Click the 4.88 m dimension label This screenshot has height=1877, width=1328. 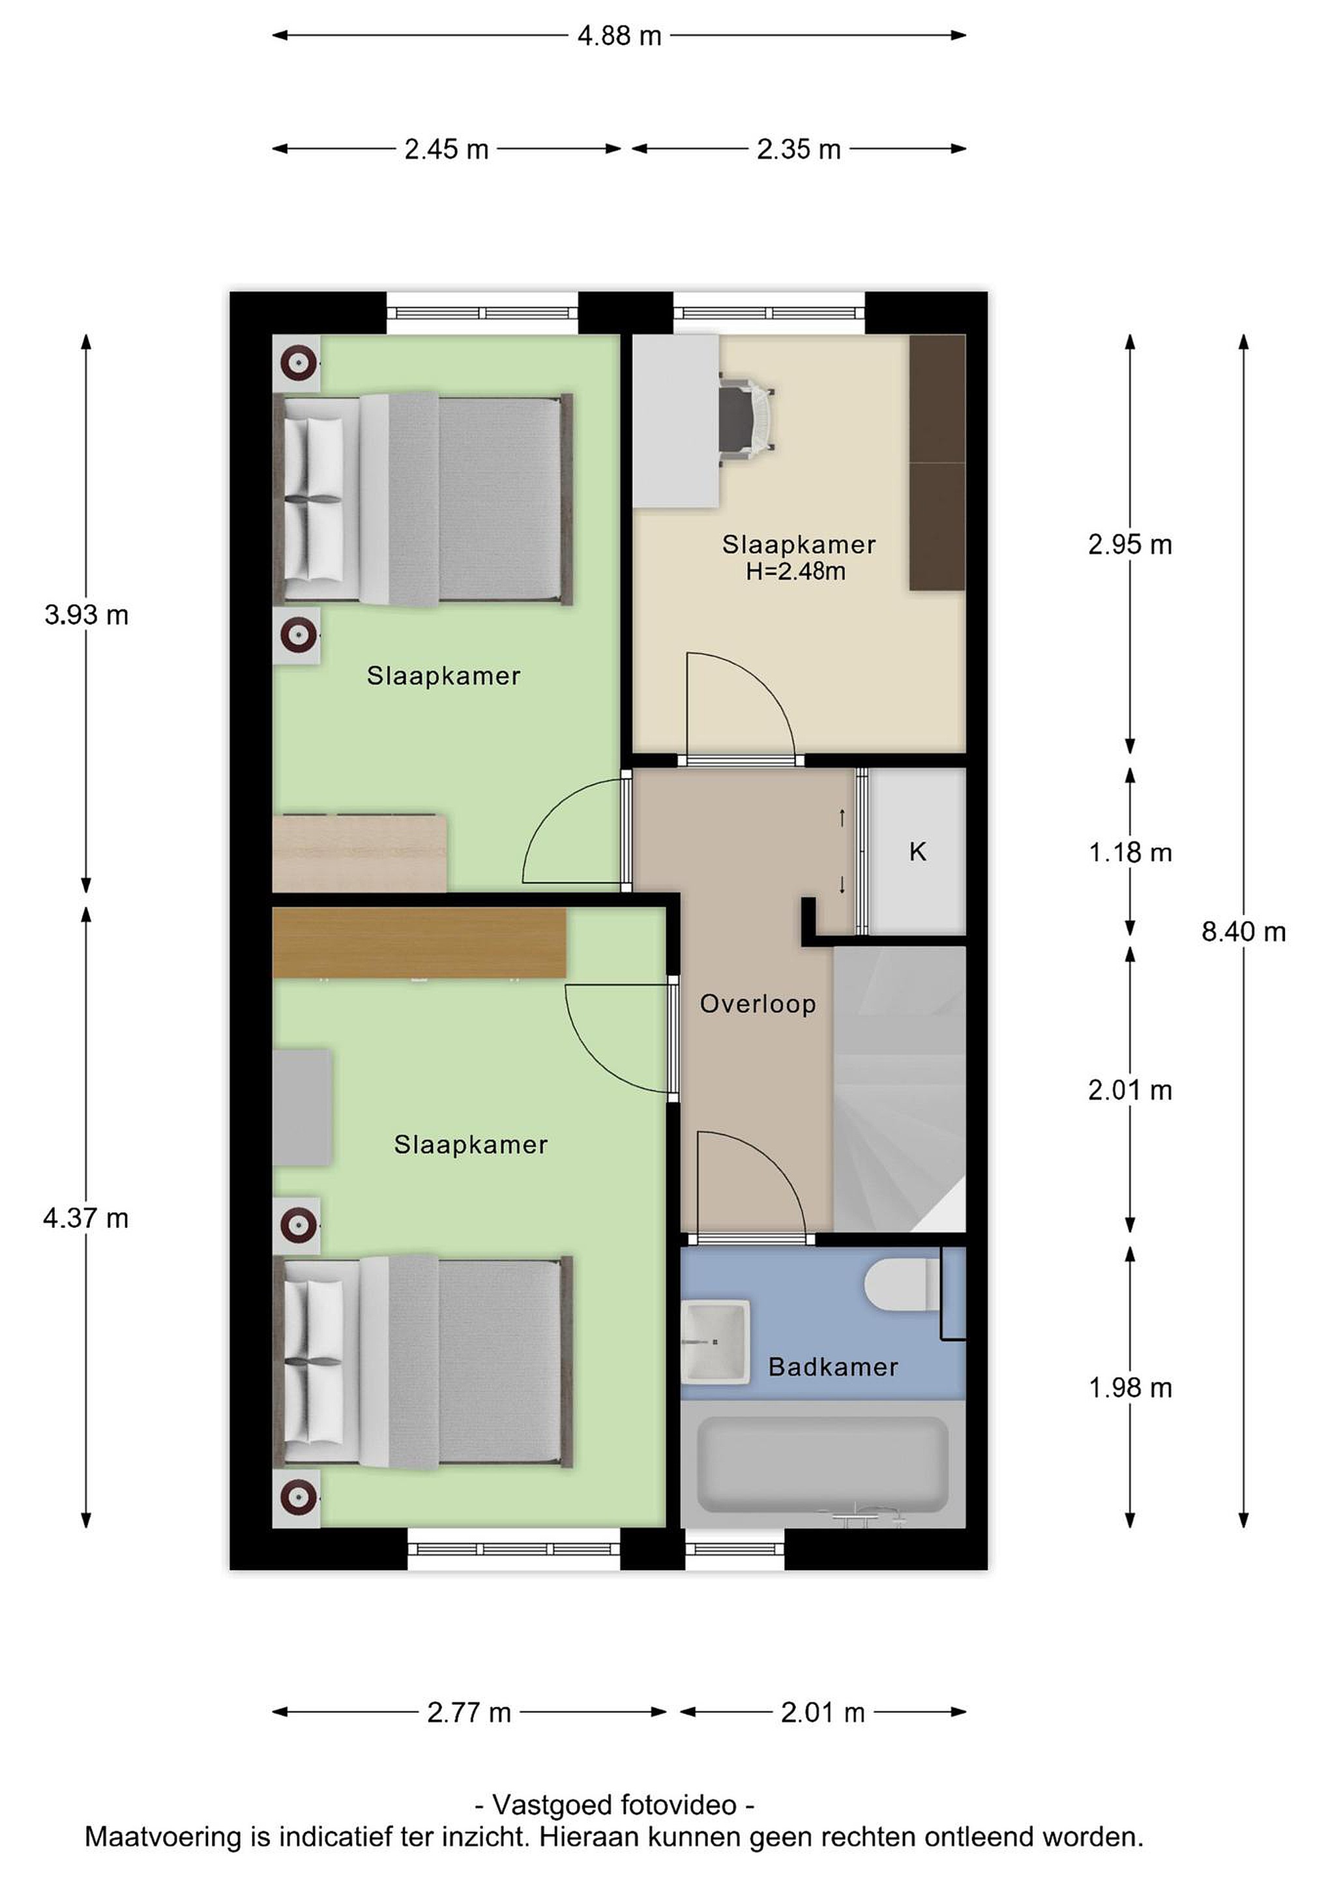coord(619,36)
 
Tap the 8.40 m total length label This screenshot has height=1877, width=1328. coord(1243,931)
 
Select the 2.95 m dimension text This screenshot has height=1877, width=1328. coord(1130,544)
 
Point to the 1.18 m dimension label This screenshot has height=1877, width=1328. coord(1130,852)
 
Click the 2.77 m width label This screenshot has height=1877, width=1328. coord(469,1712)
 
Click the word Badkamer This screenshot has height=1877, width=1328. coord(833,1367)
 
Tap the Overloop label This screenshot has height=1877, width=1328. coord(758,1004)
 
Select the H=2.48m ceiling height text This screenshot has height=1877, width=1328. coord(795,571)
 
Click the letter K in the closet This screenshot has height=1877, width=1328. coord(917,852)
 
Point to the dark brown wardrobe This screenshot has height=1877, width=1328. coord(938,463)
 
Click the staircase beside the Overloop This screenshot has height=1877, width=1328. coord(900,1089)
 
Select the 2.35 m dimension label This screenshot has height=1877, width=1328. coord(799,150)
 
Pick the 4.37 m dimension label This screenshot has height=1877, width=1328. coord(87,1219)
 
